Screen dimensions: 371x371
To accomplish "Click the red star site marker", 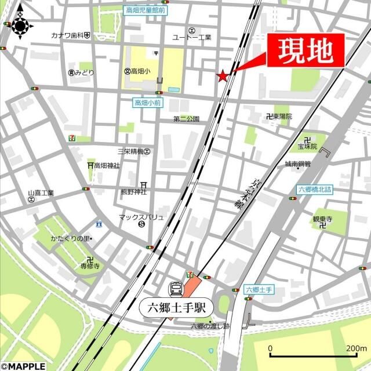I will tap(222, 76).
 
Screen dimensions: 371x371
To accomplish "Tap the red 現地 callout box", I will tap(305, 50).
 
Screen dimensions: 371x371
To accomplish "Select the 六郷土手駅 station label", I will tap(177, 307).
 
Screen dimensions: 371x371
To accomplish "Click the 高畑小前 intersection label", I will tap(147, 103).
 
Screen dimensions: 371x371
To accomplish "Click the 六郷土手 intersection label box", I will tap(259, 289).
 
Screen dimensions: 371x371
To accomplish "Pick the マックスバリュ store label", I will tap(141, 217).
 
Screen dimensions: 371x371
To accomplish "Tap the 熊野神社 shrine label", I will tap(133, 191).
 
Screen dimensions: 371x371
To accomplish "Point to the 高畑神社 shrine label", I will tap(107, 165).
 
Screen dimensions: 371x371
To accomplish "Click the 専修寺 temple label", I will tap(90, 266).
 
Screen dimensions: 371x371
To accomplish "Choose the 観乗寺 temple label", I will tap(322, 219).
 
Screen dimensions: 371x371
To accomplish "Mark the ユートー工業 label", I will tap(192, 37).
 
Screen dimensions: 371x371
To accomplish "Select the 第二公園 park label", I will tap(186, 119).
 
